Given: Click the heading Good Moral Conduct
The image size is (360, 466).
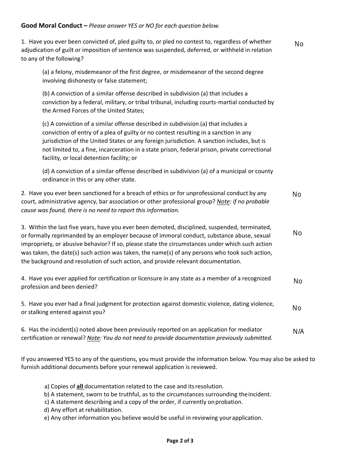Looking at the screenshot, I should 52,26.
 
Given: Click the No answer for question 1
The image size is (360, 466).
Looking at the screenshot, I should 299,44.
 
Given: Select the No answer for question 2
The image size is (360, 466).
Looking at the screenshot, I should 297,194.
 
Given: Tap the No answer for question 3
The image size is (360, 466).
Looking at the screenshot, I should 297,233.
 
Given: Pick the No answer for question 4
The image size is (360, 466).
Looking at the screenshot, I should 298,281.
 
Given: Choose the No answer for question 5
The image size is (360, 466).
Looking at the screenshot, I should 297,308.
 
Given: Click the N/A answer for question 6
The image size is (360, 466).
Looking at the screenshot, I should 299,332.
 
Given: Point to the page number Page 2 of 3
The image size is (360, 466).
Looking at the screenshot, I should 180,441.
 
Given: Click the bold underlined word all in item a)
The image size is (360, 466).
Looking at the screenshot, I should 80,386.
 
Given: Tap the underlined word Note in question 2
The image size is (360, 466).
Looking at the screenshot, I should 223,202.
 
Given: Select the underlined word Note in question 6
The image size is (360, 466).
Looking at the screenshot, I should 94,338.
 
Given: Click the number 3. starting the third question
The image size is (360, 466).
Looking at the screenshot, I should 23,227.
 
